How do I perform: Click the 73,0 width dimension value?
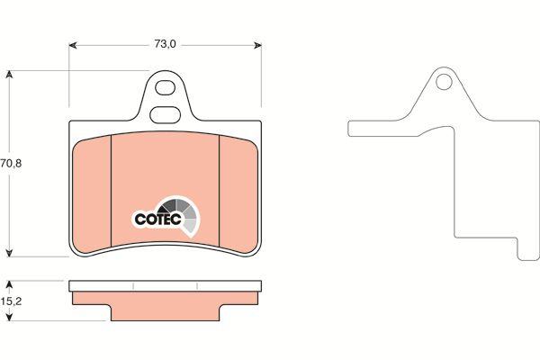click(165, 44)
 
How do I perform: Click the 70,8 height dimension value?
click(11, 163)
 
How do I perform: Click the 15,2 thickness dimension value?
click(11, 301)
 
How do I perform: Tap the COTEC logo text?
click(157, 219)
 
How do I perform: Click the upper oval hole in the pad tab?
click(165, 87)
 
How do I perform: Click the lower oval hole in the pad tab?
click(166, 114)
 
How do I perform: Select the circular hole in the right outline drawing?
click(444, 82)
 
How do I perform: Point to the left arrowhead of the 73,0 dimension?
click(73, 45)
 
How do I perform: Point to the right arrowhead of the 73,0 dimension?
click(257, 45)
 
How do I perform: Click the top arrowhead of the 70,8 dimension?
click(9, 75)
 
